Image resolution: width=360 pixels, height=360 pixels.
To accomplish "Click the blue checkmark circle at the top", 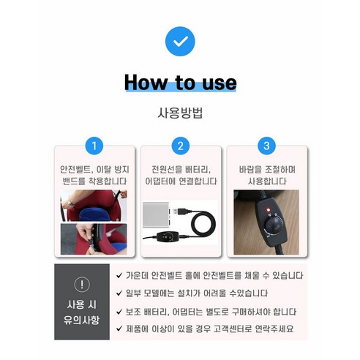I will tap(180, 41).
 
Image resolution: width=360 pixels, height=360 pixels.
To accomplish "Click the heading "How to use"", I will tap(180, 82).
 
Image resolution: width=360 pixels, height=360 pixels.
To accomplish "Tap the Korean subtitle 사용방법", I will tap(180, 113).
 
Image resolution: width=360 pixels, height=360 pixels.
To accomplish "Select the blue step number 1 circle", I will tap(93, 146).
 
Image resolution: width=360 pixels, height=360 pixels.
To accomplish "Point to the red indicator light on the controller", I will tap(267, 212).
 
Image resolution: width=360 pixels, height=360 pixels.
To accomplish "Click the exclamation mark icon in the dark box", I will tap(83, 285).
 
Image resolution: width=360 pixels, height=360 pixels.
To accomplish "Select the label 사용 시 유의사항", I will tap(83, 311).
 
